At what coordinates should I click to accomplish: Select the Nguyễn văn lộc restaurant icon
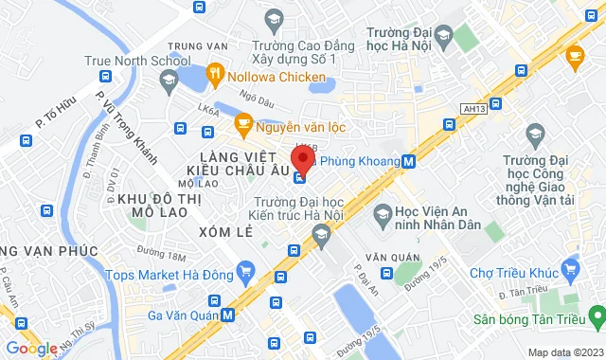243,122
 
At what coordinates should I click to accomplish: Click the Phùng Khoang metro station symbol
408,161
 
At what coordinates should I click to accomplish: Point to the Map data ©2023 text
563,352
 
